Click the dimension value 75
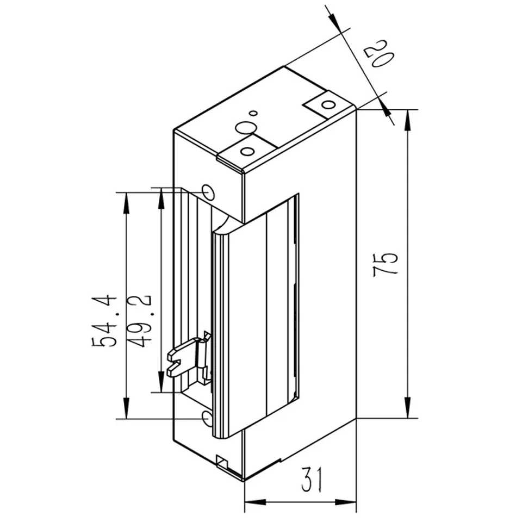coord(385,265)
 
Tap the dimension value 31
coord(312,480)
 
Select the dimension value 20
coord(379,54)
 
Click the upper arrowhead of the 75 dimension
coord(407,120)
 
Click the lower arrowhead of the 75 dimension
coord(407,407)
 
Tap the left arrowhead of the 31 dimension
coord(256,502)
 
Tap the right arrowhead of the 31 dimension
coord(346,502)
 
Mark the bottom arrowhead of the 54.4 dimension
coord(126,408)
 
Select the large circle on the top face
coord(246,128)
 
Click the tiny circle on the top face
coord(254,113)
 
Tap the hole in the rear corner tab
coord(328,105)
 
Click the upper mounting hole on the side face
coord(209,192)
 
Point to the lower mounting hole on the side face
coord(207,419)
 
